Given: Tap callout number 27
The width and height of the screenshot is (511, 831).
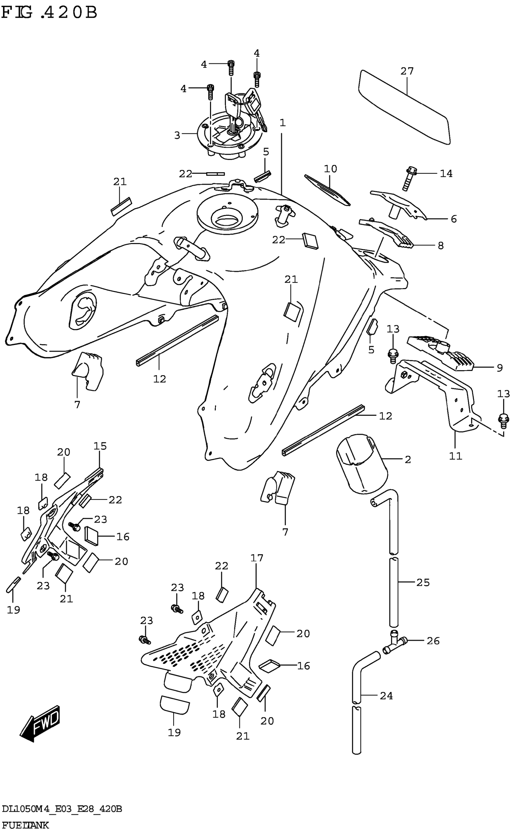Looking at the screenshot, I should point(407,71).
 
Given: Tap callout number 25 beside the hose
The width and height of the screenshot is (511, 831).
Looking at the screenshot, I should point(423,582).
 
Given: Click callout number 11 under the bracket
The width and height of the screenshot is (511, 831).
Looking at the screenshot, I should point(455,456).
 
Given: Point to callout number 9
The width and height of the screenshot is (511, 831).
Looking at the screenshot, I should point(500,368).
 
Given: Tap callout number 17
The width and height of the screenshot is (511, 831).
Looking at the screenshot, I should point(257,558).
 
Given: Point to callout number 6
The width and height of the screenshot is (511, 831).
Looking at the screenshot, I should point(454,219).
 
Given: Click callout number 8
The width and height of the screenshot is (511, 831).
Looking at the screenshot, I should point(440,245).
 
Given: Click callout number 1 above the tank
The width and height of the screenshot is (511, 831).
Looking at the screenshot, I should point(283,123).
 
